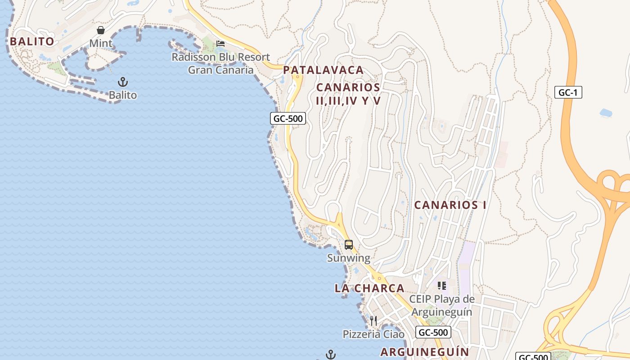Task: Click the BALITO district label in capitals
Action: point(32,41)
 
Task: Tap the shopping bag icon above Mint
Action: point(101,30)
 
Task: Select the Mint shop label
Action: point(101,44)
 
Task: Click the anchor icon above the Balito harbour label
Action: point(123,82)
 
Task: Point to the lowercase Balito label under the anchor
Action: point(123,95)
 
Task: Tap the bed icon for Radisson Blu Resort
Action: point(220,44)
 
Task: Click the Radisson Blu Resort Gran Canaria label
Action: point(220,63)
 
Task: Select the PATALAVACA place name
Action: point(323,70)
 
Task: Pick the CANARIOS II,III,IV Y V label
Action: point(348,94)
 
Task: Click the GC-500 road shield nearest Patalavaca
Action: point(288,118)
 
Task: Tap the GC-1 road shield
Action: point(568,93)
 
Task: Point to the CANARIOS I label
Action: point(450,205)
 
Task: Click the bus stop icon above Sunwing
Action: point(349,245)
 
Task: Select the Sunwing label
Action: point(349,258)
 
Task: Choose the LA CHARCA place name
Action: point(369,288)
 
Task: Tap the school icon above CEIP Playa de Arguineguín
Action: point(441,286)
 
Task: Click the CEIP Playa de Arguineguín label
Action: point(441,306)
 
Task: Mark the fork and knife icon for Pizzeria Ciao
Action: point(373,321)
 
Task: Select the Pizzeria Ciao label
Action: point(373,334)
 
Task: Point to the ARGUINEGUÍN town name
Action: point(425,352)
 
